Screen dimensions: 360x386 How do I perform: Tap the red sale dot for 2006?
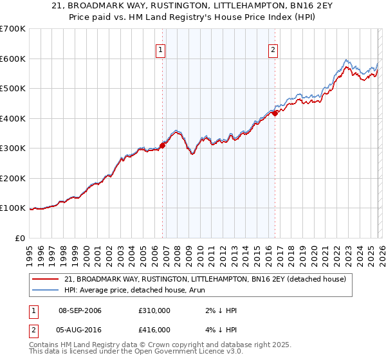click(x=162, y=145)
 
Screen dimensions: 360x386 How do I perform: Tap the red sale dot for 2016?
click(x=275, y=113)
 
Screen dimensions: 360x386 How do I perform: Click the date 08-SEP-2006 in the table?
click(x=80, y=310)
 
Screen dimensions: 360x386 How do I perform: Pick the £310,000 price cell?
click(x=154, y=310)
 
